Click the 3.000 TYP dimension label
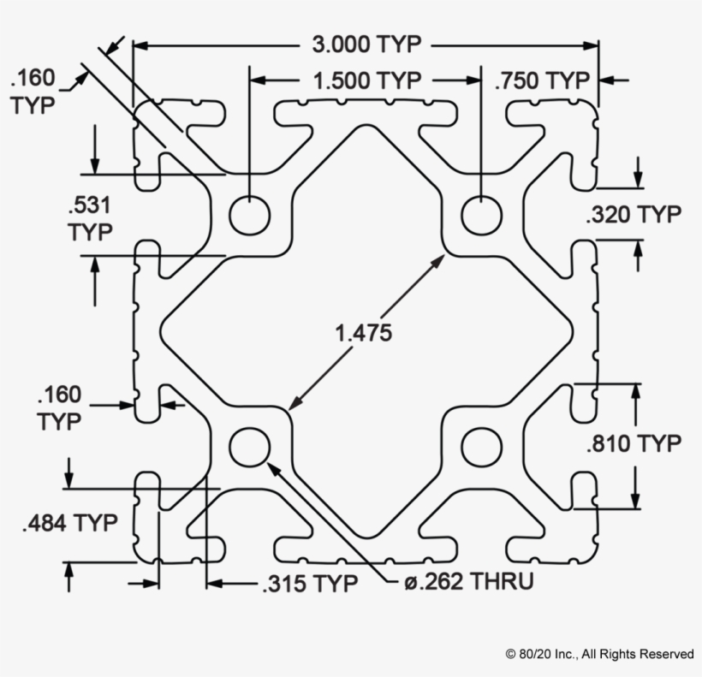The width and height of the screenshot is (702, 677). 366,45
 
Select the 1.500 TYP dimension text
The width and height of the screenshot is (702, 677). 367,81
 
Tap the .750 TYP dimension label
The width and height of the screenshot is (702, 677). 542,81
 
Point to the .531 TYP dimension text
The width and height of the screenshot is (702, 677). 90,218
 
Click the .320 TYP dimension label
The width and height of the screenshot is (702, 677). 634,214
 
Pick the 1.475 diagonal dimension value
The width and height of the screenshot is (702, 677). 364,333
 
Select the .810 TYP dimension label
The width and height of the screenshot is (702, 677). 634,444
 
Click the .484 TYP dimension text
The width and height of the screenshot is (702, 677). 70,523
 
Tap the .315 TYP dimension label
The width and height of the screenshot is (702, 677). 310,584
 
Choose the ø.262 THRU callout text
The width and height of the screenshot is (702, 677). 469,582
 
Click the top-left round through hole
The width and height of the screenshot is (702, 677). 250,215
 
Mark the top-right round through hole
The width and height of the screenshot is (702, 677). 481,215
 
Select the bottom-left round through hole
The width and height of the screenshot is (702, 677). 250,447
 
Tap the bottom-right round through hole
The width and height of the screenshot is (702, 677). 481,447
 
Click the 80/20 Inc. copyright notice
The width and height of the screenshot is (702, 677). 600,654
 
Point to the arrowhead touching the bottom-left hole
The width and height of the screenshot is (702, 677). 274,469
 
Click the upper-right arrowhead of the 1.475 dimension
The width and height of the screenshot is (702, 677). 437,261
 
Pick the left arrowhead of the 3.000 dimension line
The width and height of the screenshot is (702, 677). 140,45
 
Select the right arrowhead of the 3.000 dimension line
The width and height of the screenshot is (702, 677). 591,45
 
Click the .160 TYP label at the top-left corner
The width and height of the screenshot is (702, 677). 33,92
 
